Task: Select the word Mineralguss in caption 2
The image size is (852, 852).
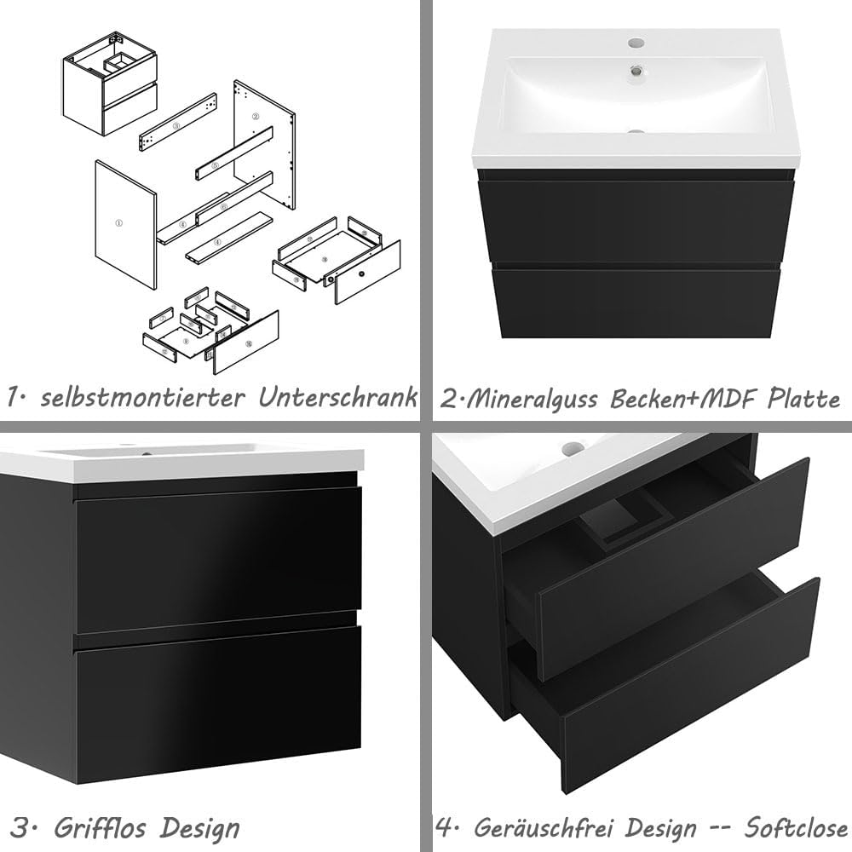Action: [528, 399]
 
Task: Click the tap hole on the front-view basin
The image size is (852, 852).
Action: [636, 42]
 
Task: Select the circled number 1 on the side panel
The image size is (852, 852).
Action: [118, 223]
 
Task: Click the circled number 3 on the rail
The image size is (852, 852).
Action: [175, 125]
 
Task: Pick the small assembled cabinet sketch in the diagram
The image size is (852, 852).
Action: [108, 83]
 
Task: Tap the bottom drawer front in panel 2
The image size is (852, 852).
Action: [637, 302]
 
